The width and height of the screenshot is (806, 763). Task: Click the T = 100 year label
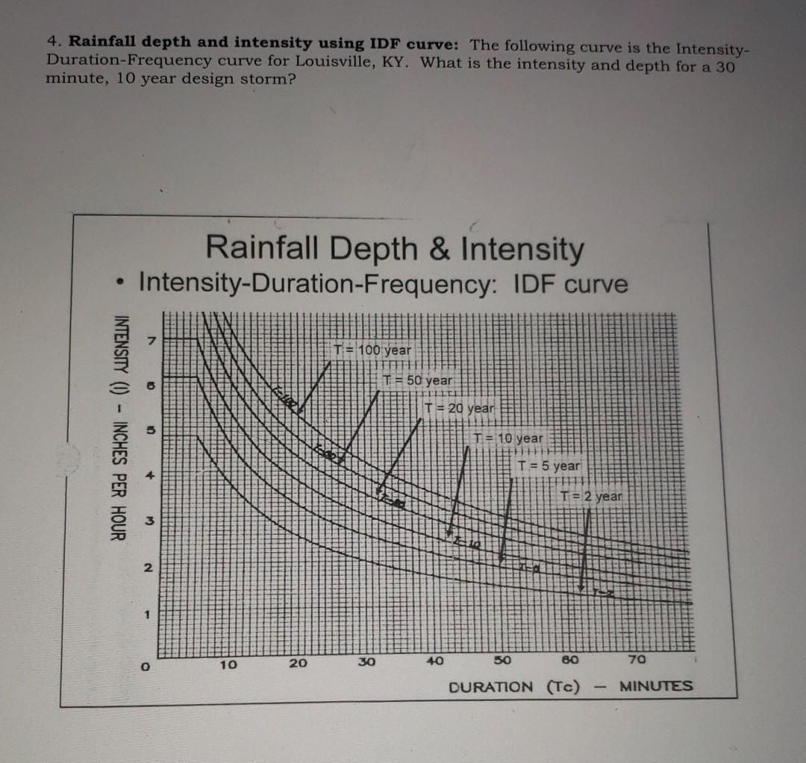(372, 350)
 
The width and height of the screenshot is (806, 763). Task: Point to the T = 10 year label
(509, 439)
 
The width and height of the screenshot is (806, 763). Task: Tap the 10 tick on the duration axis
(228, 663)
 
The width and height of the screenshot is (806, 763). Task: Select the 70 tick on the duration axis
(635, 660)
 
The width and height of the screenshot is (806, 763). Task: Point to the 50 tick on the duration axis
(502, 662)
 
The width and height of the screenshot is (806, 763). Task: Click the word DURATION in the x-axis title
(491, 687)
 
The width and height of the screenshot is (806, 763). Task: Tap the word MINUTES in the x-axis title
(656, 685)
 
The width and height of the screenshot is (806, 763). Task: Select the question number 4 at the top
(51, 42)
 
